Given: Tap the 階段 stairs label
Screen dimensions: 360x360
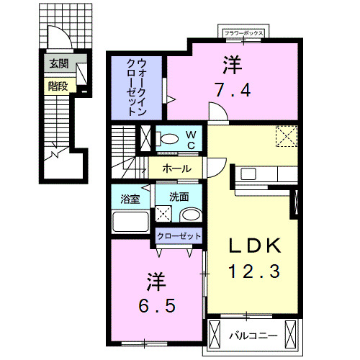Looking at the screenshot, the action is point(58,86).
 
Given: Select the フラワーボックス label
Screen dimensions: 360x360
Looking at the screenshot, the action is point(243,33).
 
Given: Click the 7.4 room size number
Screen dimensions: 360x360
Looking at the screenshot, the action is point(233,90).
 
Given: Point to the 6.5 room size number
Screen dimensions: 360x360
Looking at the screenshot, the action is point(157,305).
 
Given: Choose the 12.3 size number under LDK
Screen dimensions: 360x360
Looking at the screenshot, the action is point(254,271).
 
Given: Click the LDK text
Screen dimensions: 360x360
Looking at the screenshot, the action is point(255,246).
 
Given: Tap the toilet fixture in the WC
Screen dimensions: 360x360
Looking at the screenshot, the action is point(167,139).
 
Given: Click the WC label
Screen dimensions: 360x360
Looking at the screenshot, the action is point(191,140).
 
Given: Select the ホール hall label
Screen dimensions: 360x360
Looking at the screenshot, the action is point(177,168).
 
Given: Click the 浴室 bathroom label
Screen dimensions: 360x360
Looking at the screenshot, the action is point(130,199).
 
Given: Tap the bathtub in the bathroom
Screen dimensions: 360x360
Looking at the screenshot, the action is point(130,222).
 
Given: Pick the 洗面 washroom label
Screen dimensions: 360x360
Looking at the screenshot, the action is point(179,197).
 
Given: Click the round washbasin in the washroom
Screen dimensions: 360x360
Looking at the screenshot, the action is point(191,215).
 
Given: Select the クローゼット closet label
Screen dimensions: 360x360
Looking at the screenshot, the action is point(179,236).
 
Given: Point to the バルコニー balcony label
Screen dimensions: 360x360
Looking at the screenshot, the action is point(253,336).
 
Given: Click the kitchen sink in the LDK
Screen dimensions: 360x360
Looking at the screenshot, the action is point(248,174).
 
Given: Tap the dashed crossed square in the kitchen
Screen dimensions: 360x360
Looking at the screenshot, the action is point(287,136).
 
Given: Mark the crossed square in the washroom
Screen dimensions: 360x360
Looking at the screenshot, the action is point(163,214).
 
